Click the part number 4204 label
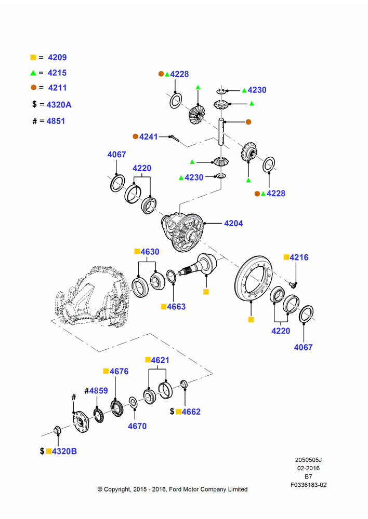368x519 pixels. click(233, 223)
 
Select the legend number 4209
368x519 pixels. click(57, 57)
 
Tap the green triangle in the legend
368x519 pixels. click(33, 73)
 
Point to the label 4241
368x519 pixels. click(149, 136)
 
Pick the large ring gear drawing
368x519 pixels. click(253, 278)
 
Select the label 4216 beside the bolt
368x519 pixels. click(299, 257)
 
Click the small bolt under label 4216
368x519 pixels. click(292, 284)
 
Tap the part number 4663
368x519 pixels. click(176, 307)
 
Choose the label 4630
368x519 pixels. click(150, 252)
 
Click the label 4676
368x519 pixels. click(119, 372)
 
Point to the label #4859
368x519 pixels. click(96, 391)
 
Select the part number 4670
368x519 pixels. click(137, 426)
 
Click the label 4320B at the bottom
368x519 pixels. click(64, 451)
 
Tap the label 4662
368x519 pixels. click(191, 412)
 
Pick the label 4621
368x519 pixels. click(160, 360)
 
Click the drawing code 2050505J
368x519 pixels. click(308, 460)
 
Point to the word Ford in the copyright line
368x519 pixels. click(176, 489)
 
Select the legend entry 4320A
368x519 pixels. click(59, 105)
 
